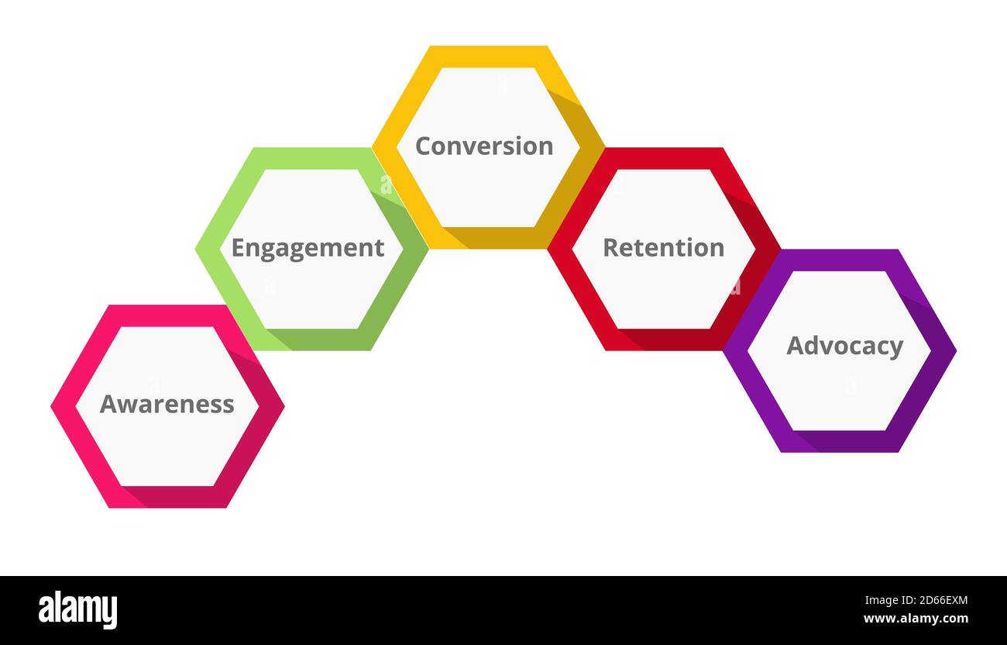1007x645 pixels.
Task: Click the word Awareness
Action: coord(167,404)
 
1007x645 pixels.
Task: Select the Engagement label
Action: coord(308,248)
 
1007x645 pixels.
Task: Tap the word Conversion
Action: coord(484,146)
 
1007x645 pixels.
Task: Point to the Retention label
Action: coord(663,247)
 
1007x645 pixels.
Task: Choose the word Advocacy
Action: coord(844,346)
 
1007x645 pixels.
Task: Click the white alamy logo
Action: coord(77,609)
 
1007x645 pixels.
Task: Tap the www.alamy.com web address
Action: coord(916,619)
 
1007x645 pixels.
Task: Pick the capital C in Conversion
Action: coord(423,146)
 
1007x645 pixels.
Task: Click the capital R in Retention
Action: coord(610,248)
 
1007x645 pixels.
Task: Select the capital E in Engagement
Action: coord(239,248)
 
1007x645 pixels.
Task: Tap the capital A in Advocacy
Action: coord(796,346)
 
